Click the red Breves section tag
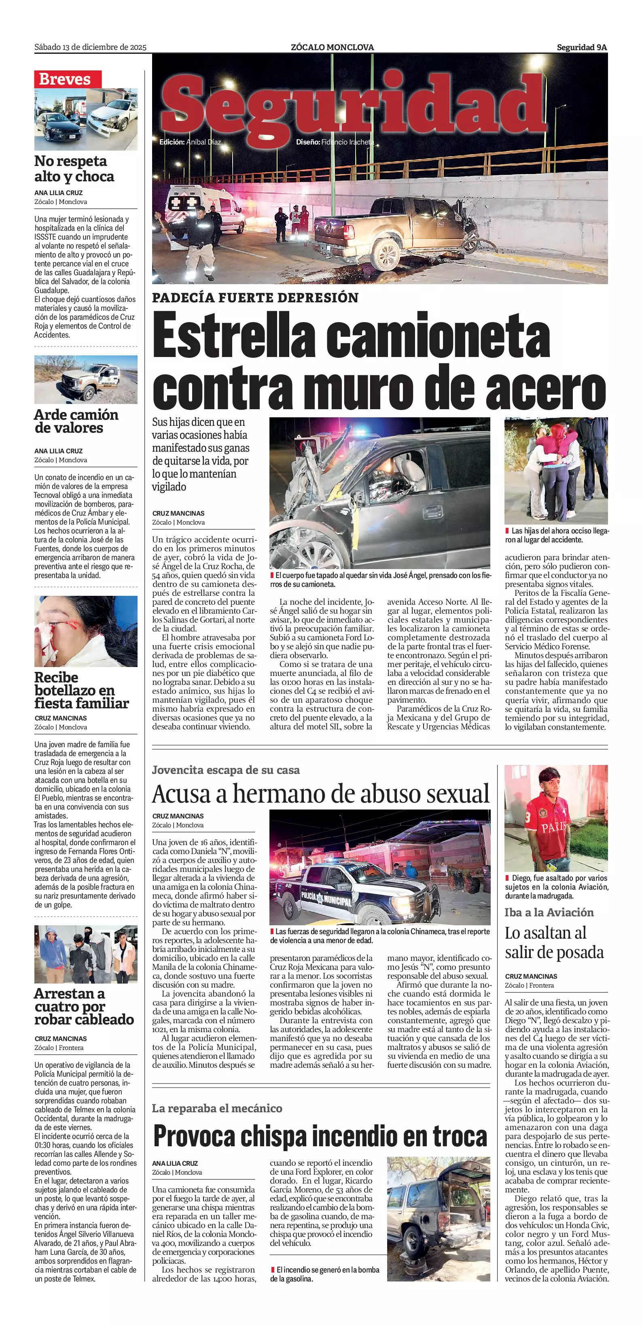tap(68, 79)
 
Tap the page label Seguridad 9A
tap(581, 47)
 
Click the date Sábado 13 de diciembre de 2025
tap(90, 47)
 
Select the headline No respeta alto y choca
tap(74, 169)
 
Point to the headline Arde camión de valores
tap(76, 421)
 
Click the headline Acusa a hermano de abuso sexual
tap(320, 794)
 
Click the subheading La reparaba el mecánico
tap(216, 1108)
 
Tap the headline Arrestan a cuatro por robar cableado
tap(84, 1006)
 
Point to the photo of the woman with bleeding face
tap(86, 631)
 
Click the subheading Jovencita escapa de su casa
tap(225, 770)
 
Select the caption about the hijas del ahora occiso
tap(556, 535)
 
